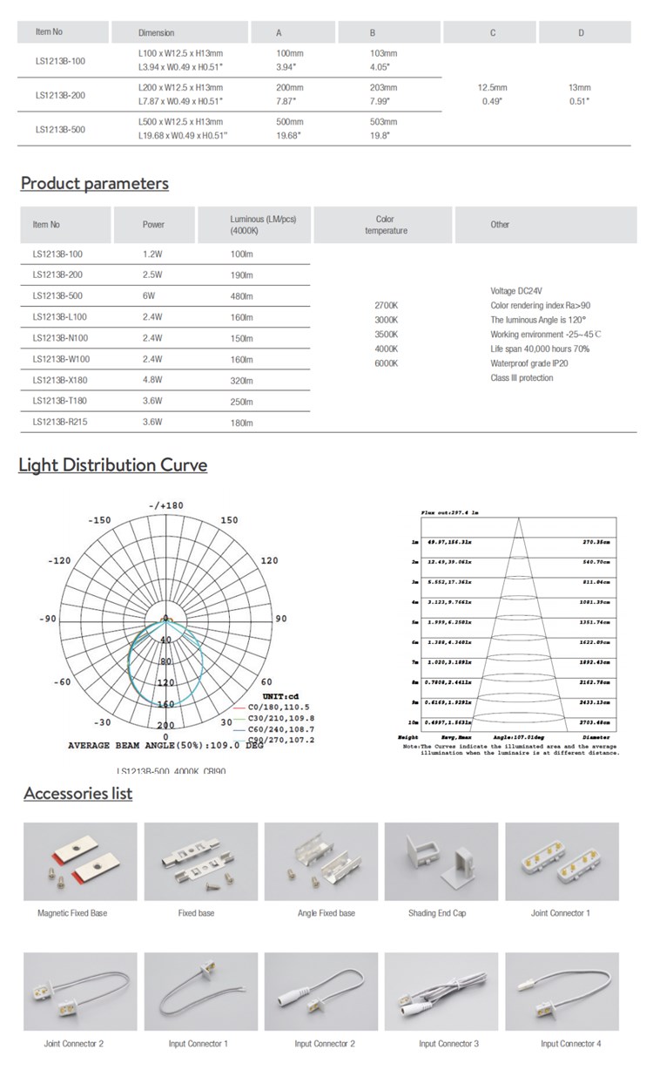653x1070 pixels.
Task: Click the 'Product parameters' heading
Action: point(94,183)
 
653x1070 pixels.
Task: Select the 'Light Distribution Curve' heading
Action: point(113,464)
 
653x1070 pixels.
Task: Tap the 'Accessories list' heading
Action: point(78,793)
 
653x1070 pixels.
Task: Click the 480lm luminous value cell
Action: point(241,295)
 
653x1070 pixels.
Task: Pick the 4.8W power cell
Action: point(153,381)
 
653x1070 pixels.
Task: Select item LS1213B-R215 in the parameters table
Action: point(60,423)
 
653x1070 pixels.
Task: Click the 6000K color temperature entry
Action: point(386,363)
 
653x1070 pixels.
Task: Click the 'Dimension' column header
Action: point(157,32)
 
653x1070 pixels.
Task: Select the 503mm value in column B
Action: point(383,123)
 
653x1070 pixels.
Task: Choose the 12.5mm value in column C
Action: point(493,88)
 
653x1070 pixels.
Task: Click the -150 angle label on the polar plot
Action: point(100,520)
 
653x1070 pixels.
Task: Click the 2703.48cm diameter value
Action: point(600,722)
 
